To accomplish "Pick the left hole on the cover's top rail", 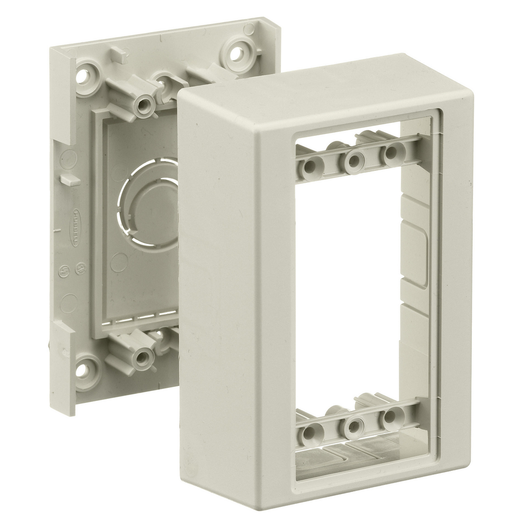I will pyautogui.click(x=311, y=167).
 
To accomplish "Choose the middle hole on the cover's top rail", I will pyautogui.click(x=353, y=162).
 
